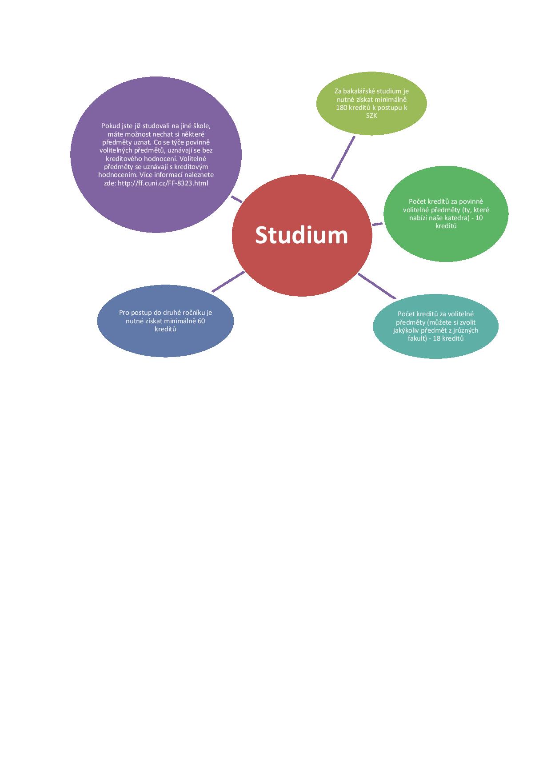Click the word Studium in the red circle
pyautogui.click(x=301, y=235)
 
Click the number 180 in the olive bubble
pyautogui.click(x=342, y=108)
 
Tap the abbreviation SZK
pyautogui.click(x=371, y=116)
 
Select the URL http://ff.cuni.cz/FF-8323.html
pyautogui.click(x=163, y=183)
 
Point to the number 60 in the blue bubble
pyautogui.click(x=200, y=321)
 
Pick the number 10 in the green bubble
pyautogui.click(x=479, y=218)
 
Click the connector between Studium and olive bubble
pyautogui.click(x=343, y=158)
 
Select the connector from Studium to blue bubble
pyautogui.click(x=228, y=281)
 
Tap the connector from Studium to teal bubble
pyautogui.click(x=377, y=285)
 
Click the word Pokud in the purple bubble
pyautogui.click(x=110, y=126)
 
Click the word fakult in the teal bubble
pyautogui.click(x=417, y=338)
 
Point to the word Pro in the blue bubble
pyautogui.click(x=124, y=313)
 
